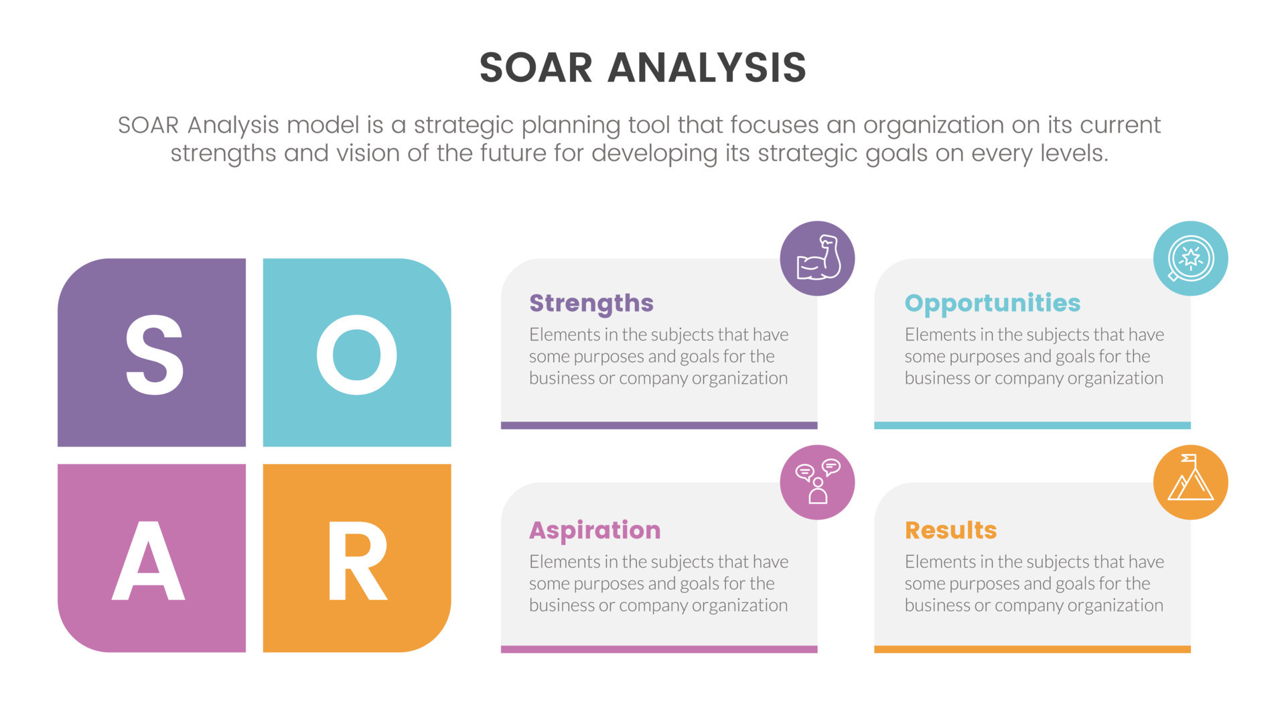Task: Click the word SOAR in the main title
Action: pyautogui.click(x=536, y=68)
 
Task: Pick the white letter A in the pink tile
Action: pyautogui.click(x=148, y=560)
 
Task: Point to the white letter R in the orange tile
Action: pyautogui.click(x=356, y=560)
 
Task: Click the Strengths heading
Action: pyautogui.click(x=591, y=303)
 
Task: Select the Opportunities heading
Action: pyautogui.click(x=992, y=303)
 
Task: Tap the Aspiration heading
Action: pyautogui.click(x=595, y=530)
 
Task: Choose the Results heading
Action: pyautogui.click(x=950, y=530)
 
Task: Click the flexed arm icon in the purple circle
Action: pyautogui.click(x=817, y=258)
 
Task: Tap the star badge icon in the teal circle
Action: pyautogui.click(x=1190, y=258)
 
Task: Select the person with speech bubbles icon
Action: pyautogui.click(x=817, y=482)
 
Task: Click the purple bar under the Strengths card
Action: pyautogui.click(x=659, y=425)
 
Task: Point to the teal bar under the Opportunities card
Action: pyautogui.click(x=1032, y=425)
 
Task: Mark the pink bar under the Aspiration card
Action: pyautogui.click(x=659, y=649)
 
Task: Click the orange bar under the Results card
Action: pyautogui.click(x=1032, y=649)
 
